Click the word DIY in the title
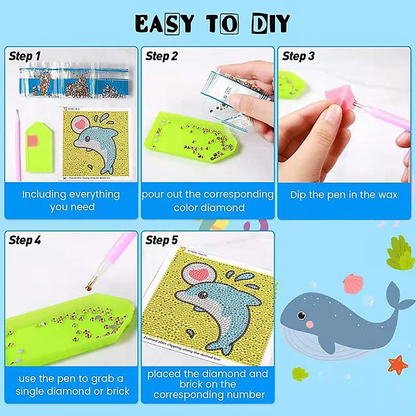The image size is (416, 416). coord(270,24)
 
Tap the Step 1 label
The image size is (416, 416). coord(25,56)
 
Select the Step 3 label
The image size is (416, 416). coord(298,56)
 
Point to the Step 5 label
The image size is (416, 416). coord(162,240)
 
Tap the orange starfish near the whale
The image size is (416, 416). coord(398,365)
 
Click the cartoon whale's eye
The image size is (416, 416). coord(301,315)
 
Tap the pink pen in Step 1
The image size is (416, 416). coord(18,146)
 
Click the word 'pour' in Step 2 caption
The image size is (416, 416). coord(153,194)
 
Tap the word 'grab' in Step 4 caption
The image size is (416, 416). coord(104,379)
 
